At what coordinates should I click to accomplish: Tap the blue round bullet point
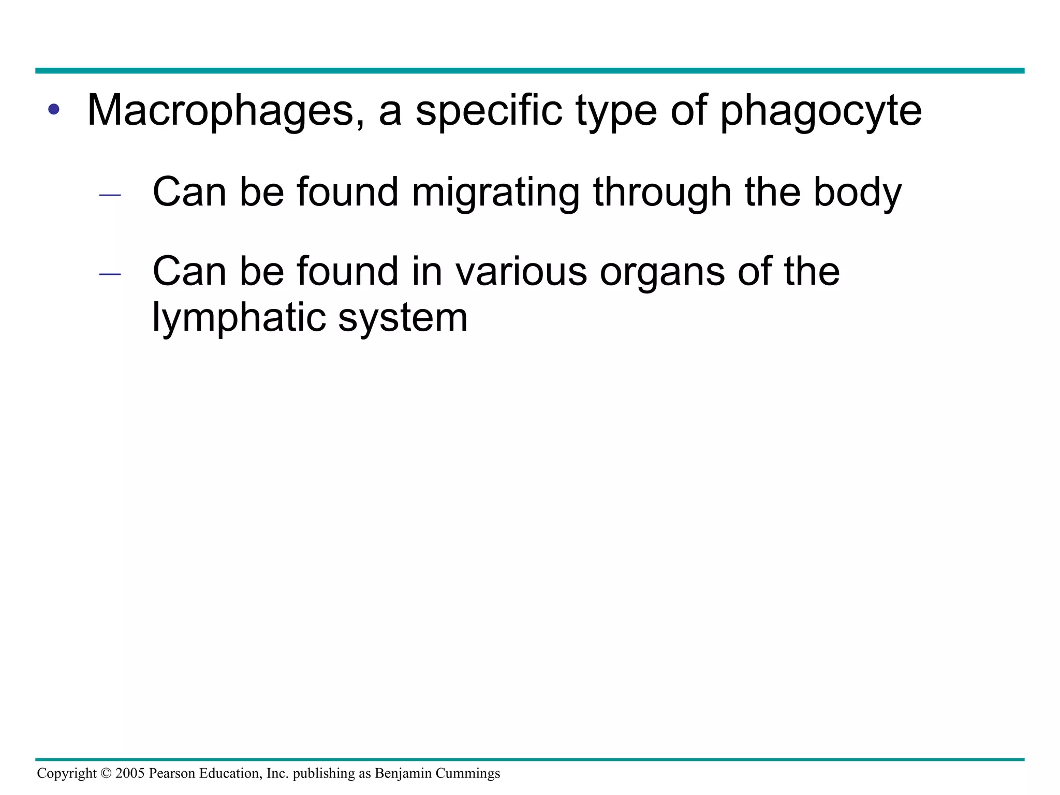pyautogui.click(x=53, y=110)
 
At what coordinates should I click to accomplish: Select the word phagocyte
pyautogui.click(x=821, y=111)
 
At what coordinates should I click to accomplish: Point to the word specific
pyautogui.click(x=489, y=111)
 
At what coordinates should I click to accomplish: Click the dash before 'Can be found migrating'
pyautogui.click(x=110, y=196)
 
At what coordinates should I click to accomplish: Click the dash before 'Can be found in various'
pyautogui.click(x=110, y=274)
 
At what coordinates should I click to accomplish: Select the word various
pyautogui.click(x=521, y=272)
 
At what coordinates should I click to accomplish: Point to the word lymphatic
pyautogui.click(x=238, y=317)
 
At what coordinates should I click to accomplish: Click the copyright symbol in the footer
pyautogui.click(x=106, y=774)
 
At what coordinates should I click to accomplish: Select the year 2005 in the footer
pyautogui.click(x=130, y=774)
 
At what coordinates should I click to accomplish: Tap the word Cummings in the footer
pyautogui.click(x=468, y=774)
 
